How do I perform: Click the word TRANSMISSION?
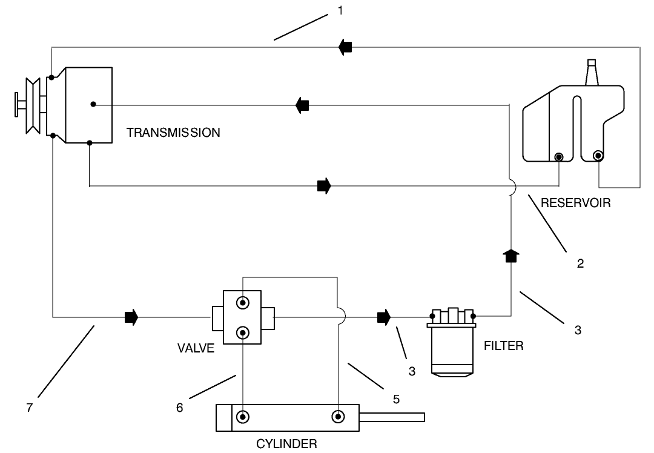click(173, 133)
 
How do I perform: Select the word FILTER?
click(503, 346)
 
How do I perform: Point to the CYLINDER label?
click(286, 445)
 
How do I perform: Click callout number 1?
click(341, 11)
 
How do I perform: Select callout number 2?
click(580, 264)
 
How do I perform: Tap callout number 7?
click(28, 408)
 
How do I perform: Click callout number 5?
click(396, 400)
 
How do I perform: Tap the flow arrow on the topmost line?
click(345, 47)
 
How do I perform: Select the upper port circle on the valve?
click(243, 302)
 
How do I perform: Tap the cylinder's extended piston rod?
click(394, 417)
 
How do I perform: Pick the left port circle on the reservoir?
click(559, 157)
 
